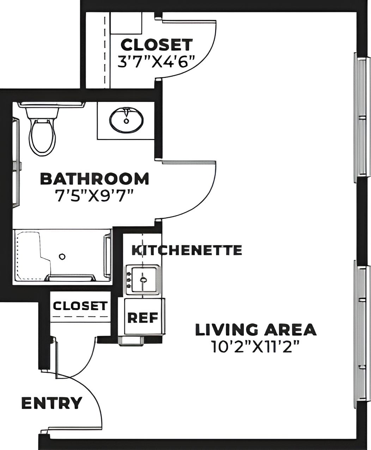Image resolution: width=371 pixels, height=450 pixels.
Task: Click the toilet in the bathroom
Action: [x=42, y=136]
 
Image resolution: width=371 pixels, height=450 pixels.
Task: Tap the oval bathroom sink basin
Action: [x=126, y=120]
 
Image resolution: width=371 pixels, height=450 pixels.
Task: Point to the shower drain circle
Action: [x=62, y=256]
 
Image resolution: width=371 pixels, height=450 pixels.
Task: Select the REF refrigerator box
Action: [x=143, y=317]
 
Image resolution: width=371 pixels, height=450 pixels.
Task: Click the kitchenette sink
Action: [x=143, y=280]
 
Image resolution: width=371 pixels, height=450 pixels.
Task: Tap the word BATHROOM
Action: [x=95, y=179]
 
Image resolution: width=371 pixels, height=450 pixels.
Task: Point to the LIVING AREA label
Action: [x=256, y=329]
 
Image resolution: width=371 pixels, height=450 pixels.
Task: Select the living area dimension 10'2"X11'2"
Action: [x=256, y=346]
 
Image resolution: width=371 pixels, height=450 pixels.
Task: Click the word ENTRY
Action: [x=52, y=403]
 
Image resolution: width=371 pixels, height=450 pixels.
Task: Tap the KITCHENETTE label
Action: [x=187, y=250]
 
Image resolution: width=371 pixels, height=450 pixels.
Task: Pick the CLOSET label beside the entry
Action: [x=80, y=305]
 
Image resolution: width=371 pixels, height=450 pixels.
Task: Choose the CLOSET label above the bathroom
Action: [x=157, y=45]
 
